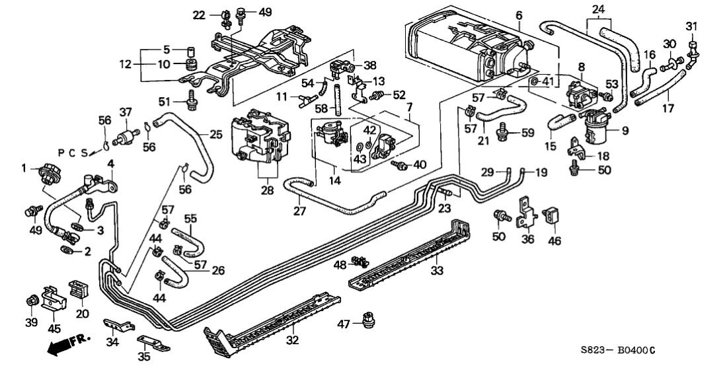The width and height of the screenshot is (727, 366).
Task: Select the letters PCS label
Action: coord(74,153)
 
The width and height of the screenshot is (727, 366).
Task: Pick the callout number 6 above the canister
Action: coord(519,15)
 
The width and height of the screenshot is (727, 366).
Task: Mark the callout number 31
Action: coord(691,26)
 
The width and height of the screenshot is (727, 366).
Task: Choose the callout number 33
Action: coord(436,270)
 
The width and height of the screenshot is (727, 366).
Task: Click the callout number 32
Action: coord(292,340)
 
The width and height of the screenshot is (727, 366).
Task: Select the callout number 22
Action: coord(200,15)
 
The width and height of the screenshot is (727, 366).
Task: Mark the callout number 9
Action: coord(625,131)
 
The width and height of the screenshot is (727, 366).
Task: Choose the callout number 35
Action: coord(144,357)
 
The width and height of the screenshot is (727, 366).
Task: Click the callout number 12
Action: coord(126,64)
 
